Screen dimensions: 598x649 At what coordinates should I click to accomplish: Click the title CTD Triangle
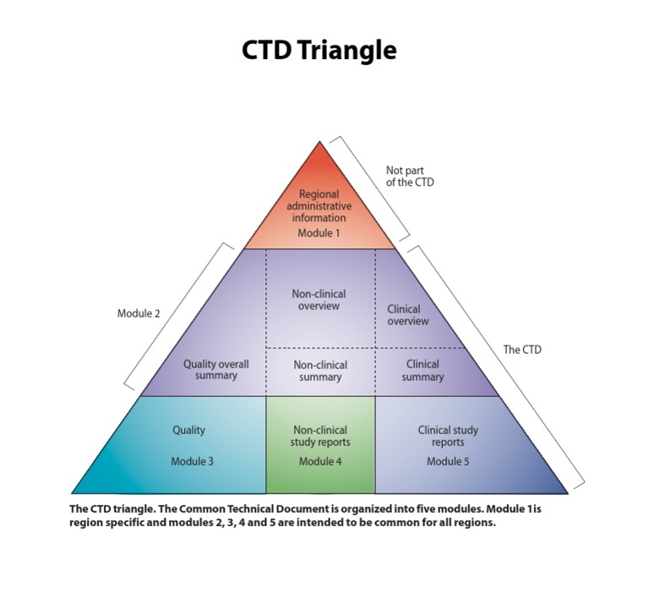319,50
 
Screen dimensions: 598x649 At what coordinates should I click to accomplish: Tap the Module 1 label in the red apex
319,233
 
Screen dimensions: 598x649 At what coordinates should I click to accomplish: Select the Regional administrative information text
319,206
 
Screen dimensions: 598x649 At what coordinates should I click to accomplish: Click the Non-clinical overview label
319,300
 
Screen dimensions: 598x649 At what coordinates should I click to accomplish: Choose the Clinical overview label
407,315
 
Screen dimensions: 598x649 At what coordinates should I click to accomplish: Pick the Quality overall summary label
216,370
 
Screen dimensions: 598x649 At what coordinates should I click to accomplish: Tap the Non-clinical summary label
320,371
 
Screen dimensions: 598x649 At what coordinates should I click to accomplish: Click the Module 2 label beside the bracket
139,313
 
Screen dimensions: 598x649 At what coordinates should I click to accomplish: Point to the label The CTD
522,349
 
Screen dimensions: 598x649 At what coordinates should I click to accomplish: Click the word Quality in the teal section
189,430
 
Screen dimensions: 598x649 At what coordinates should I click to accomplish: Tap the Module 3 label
192,462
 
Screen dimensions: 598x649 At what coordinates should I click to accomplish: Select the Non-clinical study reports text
320,436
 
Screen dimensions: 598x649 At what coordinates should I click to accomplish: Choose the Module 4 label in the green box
320,462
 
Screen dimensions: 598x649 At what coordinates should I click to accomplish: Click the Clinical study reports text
447,436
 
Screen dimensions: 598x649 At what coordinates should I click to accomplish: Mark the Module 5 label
447,462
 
